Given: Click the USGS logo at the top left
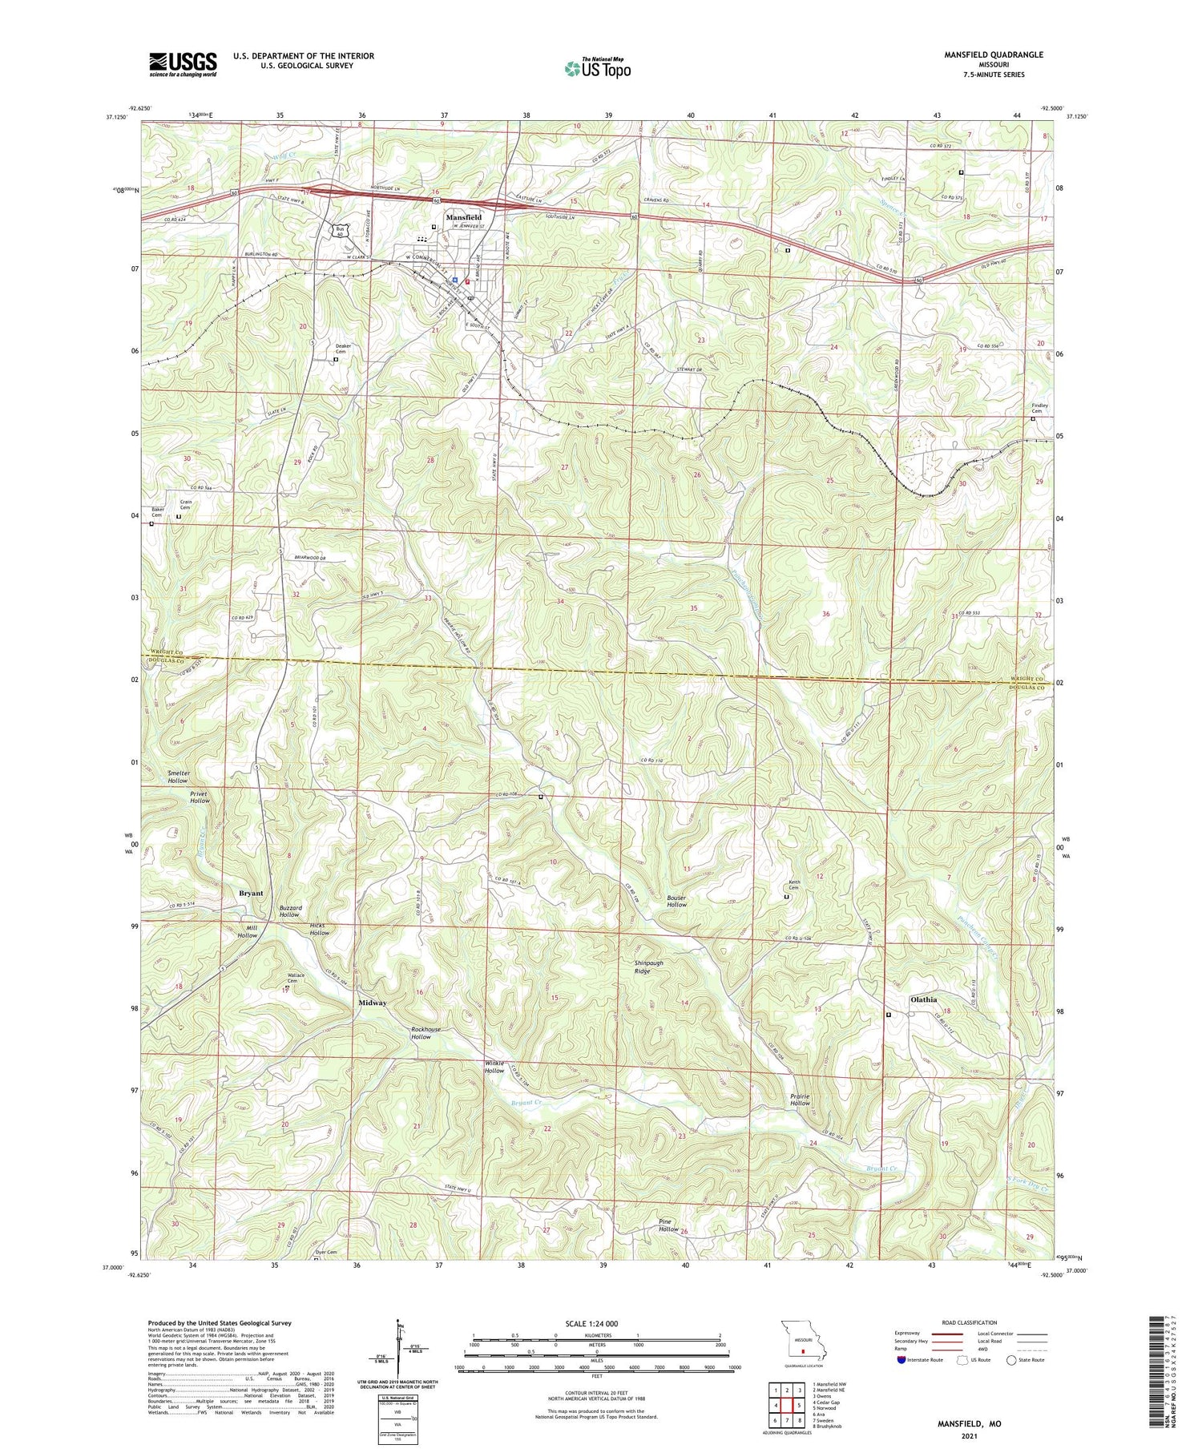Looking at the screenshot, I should tap(183, 64).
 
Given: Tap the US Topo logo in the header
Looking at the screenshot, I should tap(597, 69).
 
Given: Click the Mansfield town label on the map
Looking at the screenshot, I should tap(466, 217).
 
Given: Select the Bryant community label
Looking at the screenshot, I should tap(251, 893).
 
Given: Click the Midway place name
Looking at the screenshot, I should tap(373, 1003).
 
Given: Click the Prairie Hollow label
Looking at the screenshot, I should tap(799, 1099).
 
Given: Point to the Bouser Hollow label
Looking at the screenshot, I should tap(676, 900).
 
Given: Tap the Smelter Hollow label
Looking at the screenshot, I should tap(178, 777).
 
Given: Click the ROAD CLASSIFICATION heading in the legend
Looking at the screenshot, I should tap(970, 1322).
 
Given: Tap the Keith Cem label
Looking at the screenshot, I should tap(794, 885).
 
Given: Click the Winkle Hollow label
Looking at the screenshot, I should tap(494, 1067).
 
